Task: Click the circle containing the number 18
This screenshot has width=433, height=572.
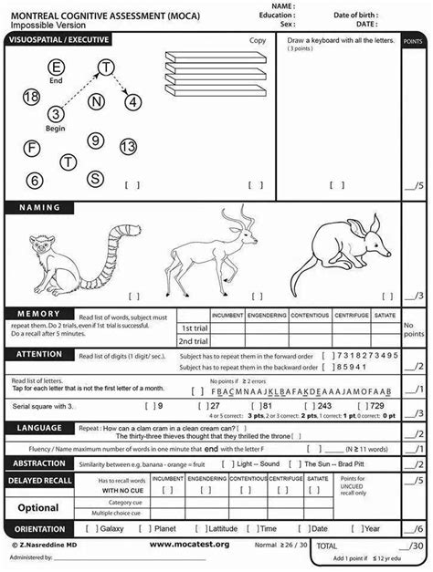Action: point(31,96)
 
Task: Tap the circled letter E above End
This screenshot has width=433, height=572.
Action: point(57,67)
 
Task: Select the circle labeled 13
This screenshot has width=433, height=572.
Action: point(128,146)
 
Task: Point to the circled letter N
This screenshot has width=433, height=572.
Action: point(96,102)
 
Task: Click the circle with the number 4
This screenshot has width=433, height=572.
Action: point(133,102)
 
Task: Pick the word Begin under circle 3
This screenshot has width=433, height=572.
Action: point(56,129)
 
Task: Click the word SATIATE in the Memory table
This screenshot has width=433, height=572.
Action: point(385,315)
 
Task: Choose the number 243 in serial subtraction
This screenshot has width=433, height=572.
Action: point(323,404)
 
